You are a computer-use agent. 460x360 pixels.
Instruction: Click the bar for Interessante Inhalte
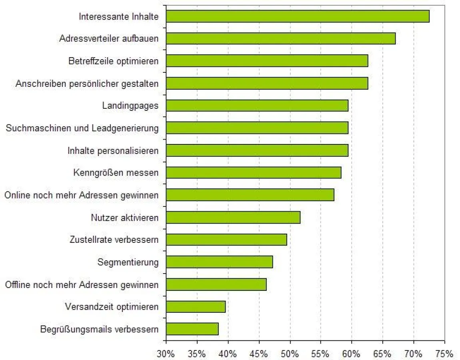[x=298, y=16]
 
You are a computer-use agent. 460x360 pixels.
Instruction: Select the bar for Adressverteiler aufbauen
[x=281, y=38]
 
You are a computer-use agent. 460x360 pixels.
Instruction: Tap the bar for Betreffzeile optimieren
[x=267, y=61]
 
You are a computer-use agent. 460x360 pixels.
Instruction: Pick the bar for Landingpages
[x=257, y=106]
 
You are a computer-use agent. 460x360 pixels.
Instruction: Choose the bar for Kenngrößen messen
[x=254, y=172]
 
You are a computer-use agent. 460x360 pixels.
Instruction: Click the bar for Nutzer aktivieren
[x=233, y=217]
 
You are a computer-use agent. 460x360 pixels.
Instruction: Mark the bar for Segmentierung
[x=219, y=262]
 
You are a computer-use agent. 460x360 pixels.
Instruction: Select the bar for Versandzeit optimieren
[x=196, y=307]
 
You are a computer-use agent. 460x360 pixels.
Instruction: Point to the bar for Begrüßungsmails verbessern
[x=192, y=329]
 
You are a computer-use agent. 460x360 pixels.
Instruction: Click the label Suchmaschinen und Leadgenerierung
[x=82, y=128]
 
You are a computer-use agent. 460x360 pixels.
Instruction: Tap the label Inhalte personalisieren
[x=113, y=150]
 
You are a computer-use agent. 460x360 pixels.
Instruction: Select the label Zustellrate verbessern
[x=114, y=240]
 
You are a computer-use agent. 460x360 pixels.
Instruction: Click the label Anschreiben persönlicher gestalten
[x=87, y=84]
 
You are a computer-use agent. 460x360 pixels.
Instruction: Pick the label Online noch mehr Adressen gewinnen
[x=81, y=195]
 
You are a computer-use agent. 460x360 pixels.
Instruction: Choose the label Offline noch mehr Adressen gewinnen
[x=82, y=284]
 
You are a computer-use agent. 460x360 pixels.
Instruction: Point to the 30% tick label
[x=166, y=354]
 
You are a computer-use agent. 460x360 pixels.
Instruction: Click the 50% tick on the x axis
[x=290, y=354]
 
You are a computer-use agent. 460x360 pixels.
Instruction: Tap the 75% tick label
[x=444, y=354]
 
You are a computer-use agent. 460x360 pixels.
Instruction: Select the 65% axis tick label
[x=382, y=354]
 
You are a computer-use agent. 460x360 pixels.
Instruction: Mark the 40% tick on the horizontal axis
[x=228, y=354]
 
